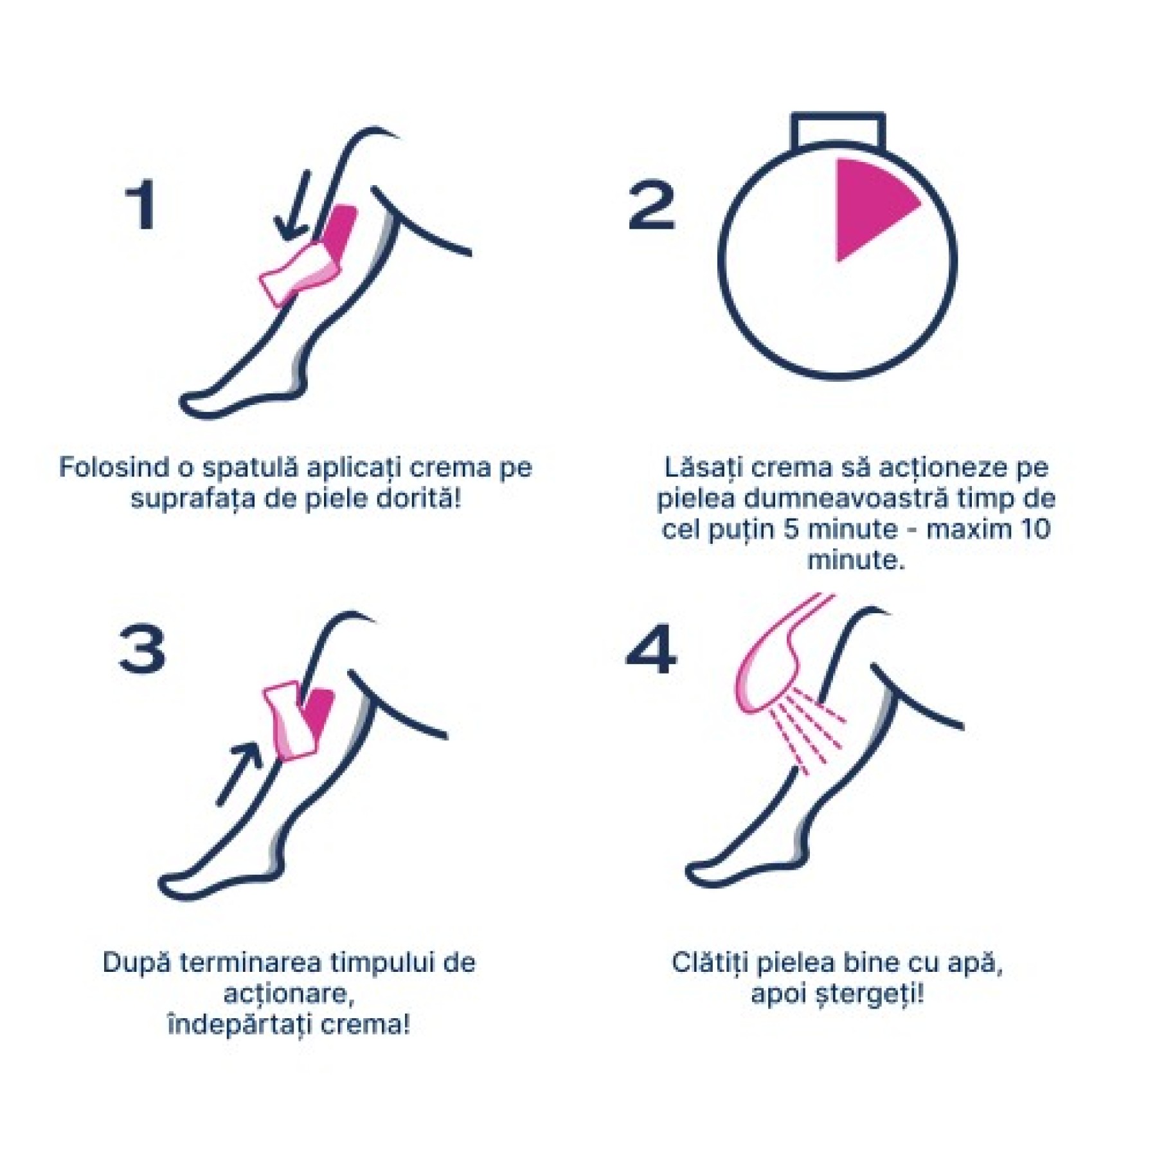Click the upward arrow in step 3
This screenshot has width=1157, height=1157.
(x=239, y=774)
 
